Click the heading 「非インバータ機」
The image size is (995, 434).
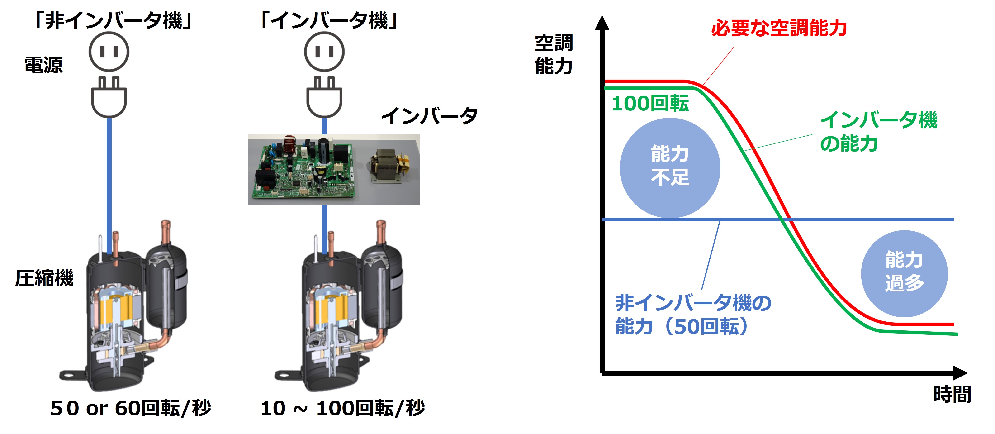pyautogui.click(x=113, y=20)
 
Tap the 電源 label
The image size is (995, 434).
pyautogui.click(x=43, y=65)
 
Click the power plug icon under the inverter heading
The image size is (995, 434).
pyautogui.click(x=324, y=97)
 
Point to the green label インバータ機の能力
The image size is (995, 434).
pyautogui.click(x=878, y=131)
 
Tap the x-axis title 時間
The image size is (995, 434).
pyautogui.click(x=952, y=394)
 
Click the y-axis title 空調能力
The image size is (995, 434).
pyautogui.click(x=554, y=54)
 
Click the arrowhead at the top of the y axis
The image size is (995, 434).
pyautogui.click(x=602, y=23)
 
